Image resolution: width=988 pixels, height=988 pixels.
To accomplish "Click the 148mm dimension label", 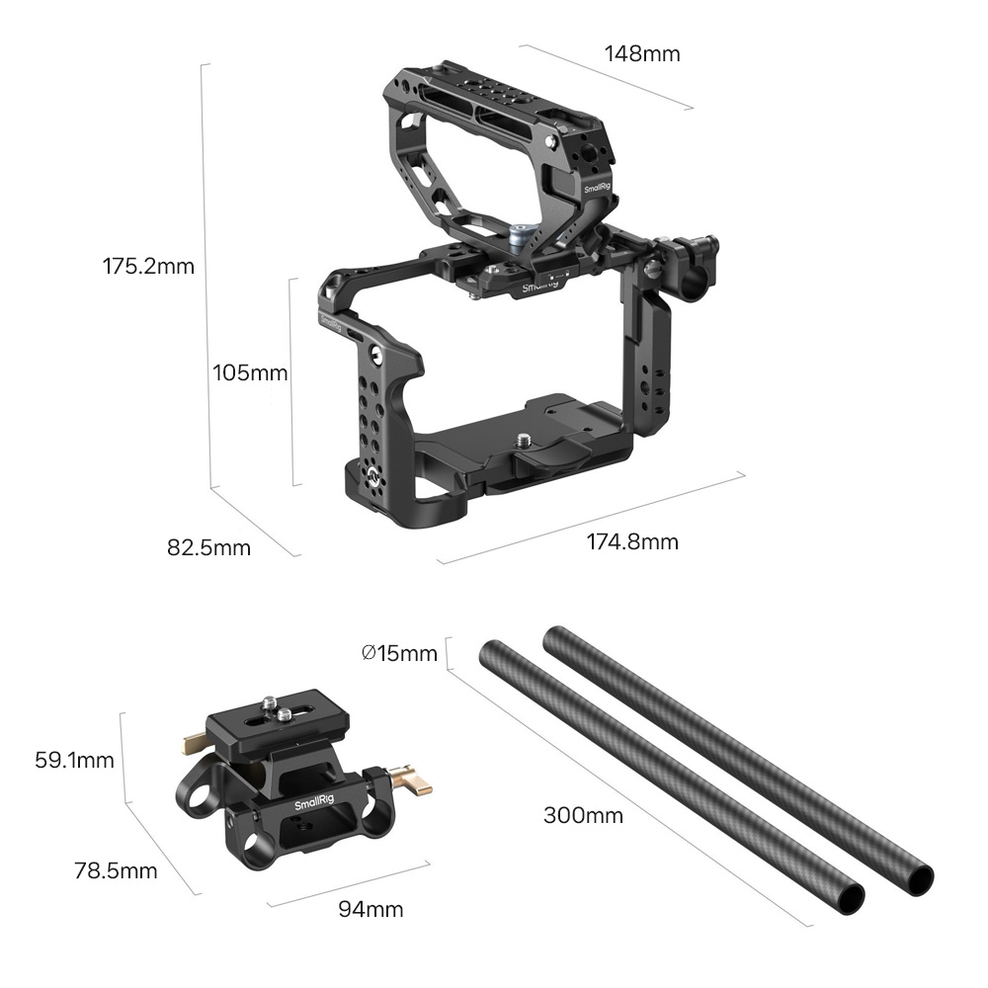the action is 642,53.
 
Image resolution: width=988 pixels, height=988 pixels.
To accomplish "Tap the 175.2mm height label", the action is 149,266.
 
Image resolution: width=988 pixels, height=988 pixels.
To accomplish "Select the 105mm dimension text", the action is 250,372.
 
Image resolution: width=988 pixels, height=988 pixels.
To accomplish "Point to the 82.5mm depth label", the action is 208,547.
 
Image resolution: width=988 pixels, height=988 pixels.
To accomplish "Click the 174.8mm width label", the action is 632,541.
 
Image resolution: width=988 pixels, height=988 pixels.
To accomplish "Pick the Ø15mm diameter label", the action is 399,653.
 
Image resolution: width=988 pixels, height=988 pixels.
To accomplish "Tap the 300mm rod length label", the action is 583,815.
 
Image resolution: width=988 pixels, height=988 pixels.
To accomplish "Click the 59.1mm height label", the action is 74,760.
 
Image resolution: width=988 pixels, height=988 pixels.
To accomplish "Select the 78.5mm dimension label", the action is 116,870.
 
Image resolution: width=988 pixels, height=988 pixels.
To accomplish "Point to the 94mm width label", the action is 370,909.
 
